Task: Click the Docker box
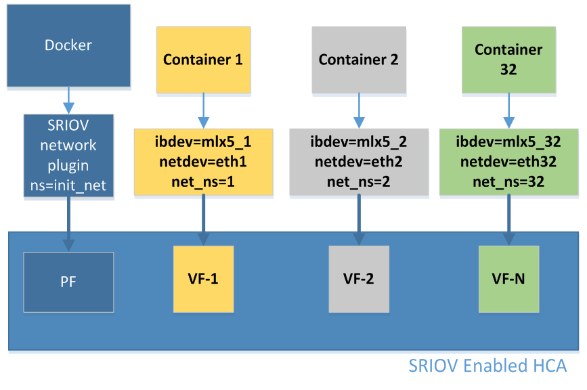(68, 45)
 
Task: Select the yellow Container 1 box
(203, 60)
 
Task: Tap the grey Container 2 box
(358, 60)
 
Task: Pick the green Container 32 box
(508, 60)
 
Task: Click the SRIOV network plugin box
(68, 156)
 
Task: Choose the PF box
(68, 282)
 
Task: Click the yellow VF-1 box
(203, 278)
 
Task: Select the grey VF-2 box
(358, 278)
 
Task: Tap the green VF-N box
(508, 278)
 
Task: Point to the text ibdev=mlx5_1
(203, 143)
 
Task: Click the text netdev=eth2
(358, 162)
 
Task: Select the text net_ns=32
(508, 181)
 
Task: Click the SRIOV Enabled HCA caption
(487, 366)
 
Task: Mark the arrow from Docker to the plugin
(68, 100)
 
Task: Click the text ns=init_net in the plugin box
(68, 185)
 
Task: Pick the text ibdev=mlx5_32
(508, 143)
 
